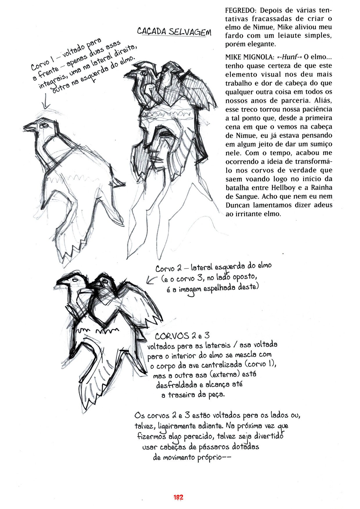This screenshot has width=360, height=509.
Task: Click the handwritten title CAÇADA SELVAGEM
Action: click(174, 32)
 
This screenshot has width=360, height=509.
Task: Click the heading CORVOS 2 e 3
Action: click(182, 336)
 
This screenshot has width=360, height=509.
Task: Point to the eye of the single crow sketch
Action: click(44, 126)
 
